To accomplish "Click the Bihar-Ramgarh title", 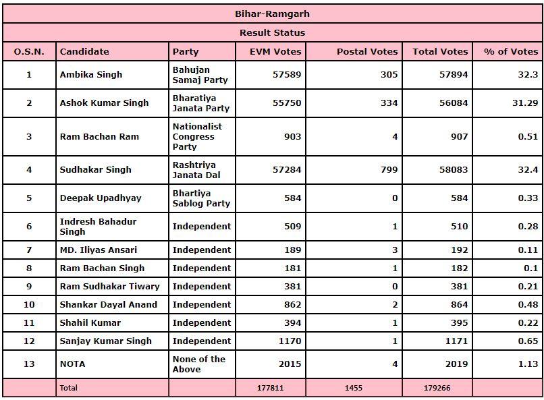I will (x=272, y=13).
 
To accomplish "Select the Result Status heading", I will (x=272, y=32).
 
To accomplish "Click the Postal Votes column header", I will (x=367, y=51).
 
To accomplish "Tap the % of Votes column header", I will (x=511, y=51).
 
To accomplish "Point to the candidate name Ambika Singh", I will (x=91, y=74).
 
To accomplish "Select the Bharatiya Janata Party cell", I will (x=200, y=103).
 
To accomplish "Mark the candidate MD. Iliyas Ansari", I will (x=100, y=250).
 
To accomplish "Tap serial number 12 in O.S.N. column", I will (x=29, y=341).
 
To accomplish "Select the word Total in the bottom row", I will (x=69, y=388).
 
